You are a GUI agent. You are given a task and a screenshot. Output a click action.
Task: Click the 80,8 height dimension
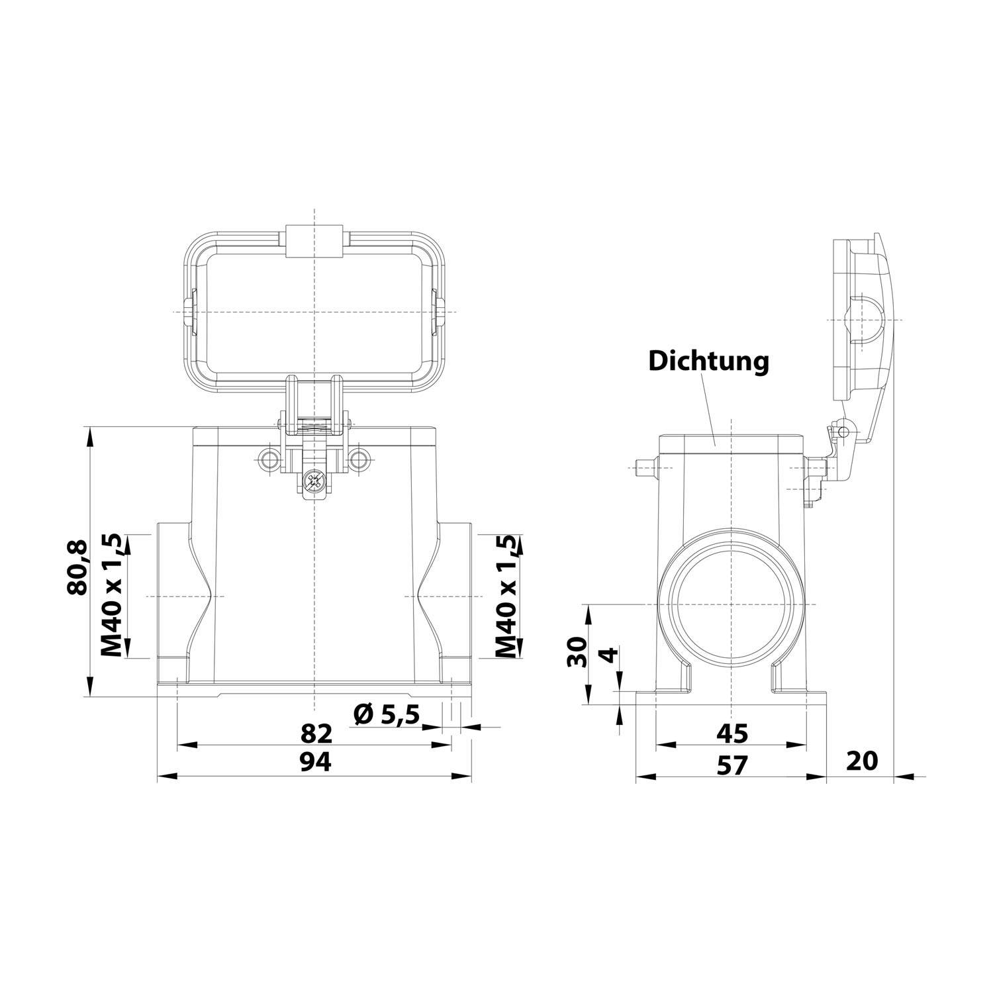point(78,567)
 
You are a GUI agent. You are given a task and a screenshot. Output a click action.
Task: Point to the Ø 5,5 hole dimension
point(387,714)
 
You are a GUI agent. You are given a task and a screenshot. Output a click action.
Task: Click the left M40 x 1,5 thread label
point(113,596)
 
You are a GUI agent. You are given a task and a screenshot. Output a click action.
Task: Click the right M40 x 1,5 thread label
point(506,596)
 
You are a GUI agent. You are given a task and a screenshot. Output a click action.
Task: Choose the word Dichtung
point(708,361)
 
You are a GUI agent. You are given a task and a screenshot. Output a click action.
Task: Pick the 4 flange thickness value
point(609,657)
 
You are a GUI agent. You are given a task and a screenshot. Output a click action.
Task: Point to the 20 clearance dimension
point(862,761)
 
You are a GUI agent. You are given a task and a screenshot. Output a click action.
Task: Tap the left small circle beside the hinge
point(269,459)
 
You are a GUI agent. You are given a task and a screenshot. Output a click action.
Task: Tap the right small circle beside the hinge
point(358,459)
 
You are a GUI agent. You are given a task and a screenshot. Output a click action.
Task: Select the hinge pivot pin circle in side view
point(842,432)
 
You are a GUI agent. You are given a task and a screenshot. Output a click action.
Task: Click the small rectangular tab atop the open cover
point(314,241)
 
